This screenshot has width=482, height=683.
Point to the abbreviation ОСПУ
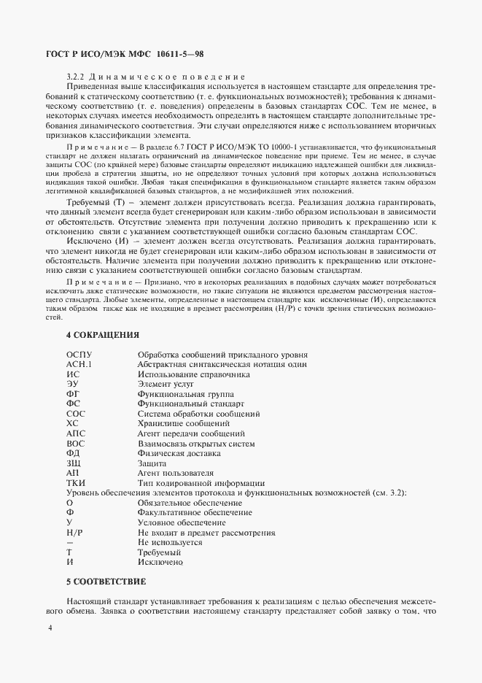79,355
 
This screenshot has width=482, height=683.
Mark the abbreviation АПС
76,433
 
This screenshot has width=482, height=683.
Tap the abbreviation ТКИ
76,483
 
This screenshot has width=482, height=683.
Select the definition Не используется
170,543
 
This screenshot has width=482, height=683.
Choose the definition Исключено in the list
160,563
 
